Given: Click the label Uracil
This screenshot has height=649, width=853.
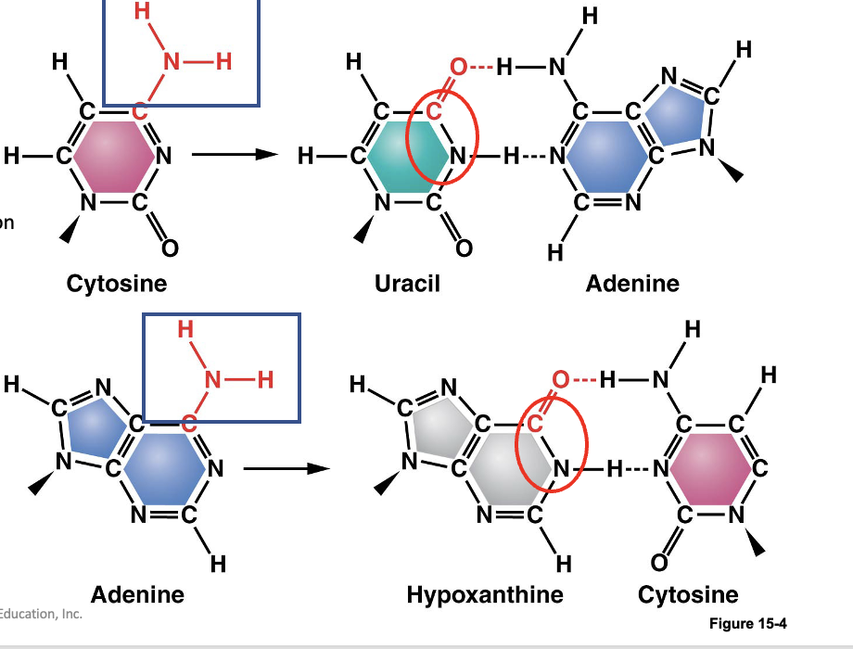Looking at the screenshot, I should (407, 283).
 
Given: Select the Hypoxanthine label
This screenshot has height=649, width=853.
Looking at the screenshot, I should (484, 593).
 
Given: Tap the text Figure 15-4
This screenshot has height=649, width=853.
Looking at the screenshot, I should (747, 623).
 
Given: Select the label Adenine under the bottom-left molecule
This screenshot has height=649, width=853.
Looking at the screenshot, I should (137, 593).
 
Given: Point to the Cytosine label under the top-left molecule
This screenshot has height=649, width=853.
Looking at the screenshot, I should (117, 283).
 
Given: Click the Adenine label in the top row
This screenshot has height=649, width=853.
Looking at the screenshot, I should (632, 283).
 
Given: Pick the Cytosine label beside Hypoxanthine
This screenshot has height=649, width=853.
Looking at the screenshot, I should (688, 593).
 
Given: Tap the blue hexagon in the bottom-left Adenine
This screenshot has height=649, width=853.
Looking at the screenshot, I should (165, 469).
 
